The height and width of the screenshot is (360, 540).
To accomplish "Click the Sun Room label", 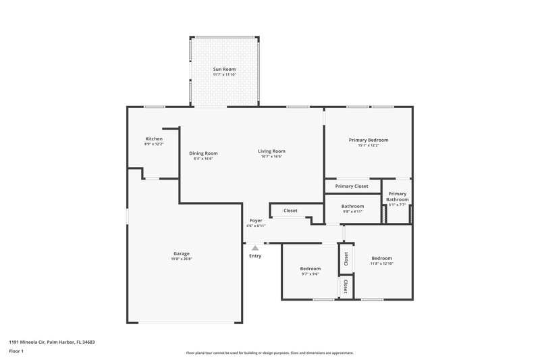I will tap(224, 69).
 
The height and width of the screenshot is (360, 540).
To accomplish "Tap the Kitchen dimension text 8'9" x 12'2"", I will tap(154, 145).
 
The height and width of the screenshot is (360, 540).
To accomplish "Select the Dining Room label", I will tap(203, 153).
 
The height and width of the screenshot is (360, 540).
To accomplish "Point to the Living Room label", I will tap(271, 151).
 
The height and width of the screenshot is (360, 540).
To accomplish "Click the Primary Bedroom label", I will tap(368, 140).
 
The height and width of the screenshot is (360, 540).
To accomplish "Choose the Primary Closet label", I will tap(352, 186).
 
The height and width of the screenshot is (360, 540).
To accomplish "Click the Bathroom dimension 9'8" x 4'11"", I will tap(352, 211).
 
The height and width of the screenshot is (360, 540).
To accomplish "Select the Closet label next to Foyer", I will tap(290, 210).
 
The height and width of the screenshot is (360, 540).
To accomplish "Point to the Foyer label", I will tap(256, 220).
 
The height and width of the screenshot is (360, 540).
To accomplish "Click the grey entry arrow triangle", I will tap(255, 249).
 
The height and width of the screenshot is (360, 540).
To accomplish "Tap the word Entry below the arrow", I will tap(255, 256).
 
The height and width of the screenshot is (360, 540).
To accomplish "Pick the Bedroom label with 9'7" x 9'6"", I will tap(310, 268).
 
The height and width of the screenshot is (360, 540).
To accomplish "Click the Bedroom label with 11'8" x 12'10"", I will tap(381, 258).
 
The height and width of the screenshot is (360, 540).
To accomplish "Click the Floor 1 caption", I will tap(16, 351).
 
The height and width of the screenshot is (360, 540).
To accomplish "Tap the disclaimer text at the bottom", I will tap(269, 353).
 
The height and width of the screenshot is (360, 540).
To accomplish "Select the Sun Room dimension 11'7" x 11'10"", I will tap(224, 74).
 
